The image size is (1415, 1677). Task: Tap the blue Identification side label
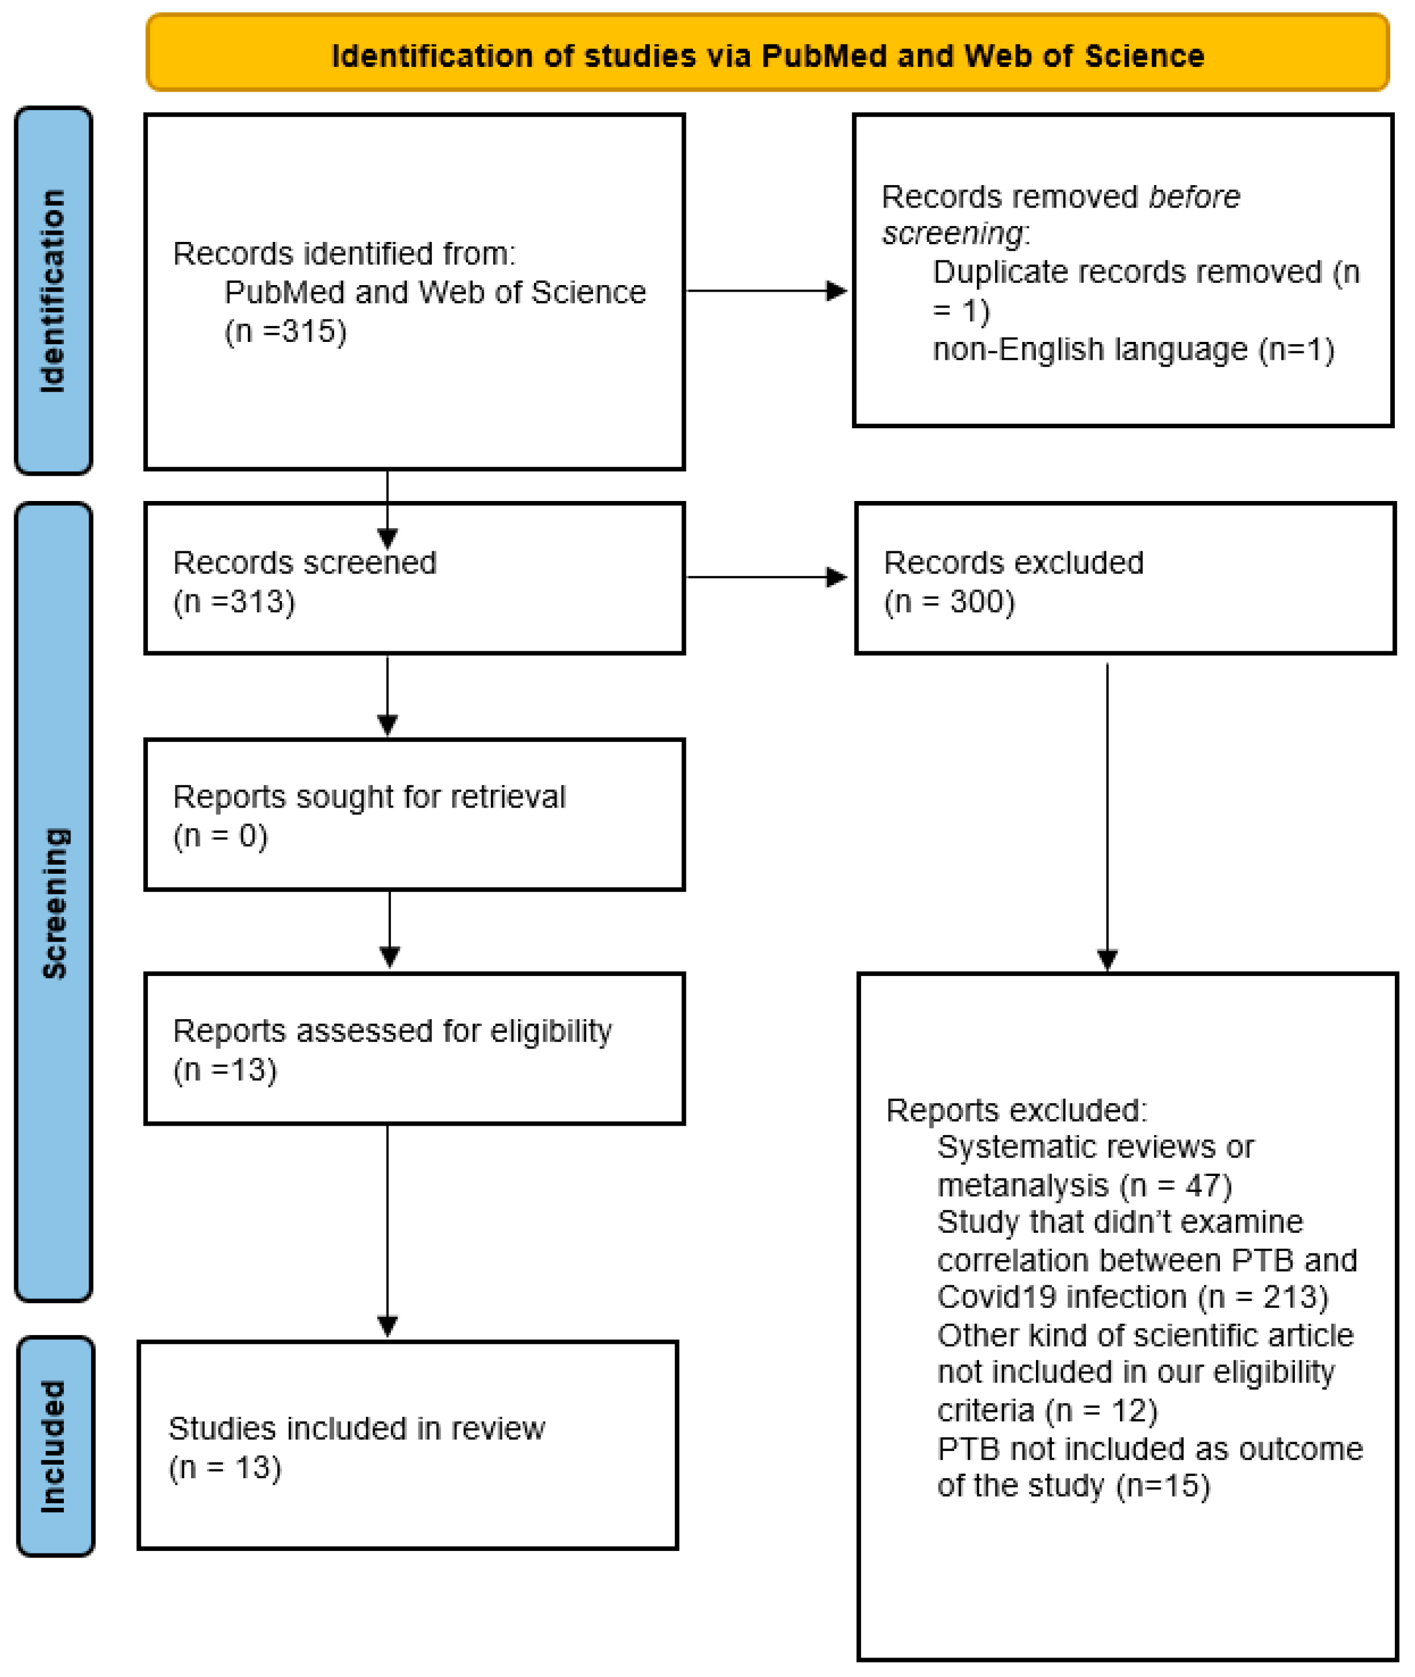click(54, 290)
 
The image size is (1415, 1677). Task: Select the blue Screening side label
click(54, 903)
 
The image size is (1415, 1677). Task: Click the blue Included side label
click(54, 1446)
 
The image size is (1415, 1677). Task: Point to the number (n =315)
click(286, 331)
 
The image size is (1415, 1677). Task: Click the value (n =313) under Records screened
click(234, 601)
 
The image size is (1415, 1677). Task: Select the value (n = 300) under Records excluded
click(949, 601)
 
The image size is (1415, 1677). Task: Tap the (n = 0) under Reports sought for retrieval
click(221, 835)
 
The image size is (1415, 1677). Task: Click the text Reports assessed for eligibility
click(392, 1030)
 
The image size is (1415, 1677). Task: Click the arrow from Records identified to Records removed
click(766, 290)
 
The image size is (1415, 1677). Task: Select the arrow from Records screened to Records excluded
click(766, 577)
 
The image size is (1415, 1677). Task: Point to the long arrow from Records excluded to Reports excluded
click(1107, 810)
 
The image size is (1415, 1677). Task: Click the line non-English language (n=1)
click(1132, 349)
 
